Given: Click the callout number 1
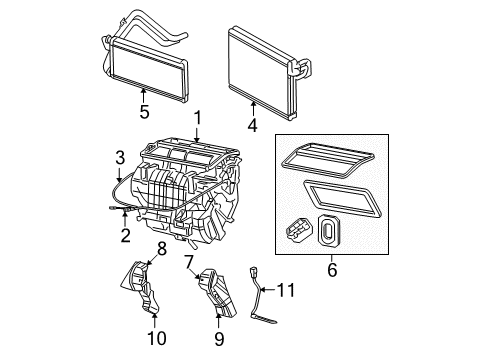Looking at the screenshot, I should click(x=197, y=116).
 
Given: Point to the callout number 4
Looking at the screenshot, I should click(x=253, y=127).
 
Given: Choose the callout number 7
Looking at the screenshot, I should click(x=187, y=261).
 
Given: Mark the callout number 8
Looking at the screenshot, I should click(x=161, y=247).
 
